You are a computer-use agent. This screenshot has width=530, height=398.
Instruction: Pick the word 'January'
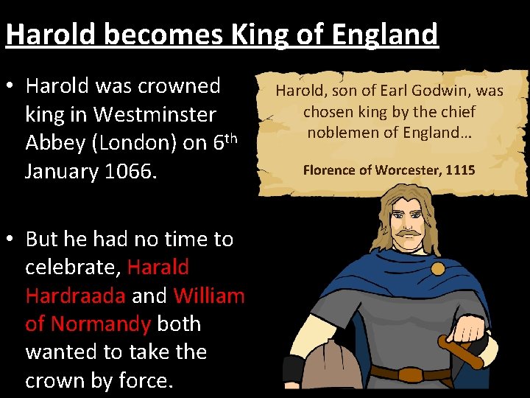click(x=62, y=172)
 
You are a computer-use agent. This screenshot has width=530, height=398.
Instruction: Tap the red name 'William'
click(x=209, y=296)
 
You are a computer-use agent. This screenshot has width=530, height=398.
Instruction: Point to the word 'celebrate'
click(x=71, y=267)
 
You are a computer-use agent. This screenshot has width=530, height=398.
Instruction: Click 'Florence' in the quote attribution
click(x=336, y=170)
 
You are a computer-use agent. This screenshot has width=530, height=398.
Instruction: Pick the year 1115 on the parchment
click(x=460, y=170)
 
